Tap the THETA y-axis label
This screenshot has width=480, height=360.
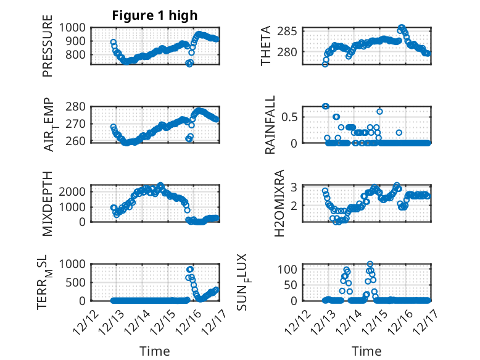(x=266, y=46)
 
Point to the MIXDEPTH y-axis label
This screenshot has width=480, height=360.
(x=48, y=203)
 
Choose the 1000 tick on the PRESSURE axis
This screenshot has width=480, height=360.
(x=75, y=27)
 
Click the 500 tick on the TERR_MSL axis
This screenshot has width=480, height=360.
(x=78, y=282)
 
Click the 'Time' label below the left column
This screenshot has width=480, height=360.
(x=154, y=351)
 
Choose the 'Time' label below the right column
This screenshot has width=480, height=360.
(x=366, y=351)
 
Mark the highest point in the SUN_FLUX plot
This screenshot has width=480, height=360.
(x=370, y=264)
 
